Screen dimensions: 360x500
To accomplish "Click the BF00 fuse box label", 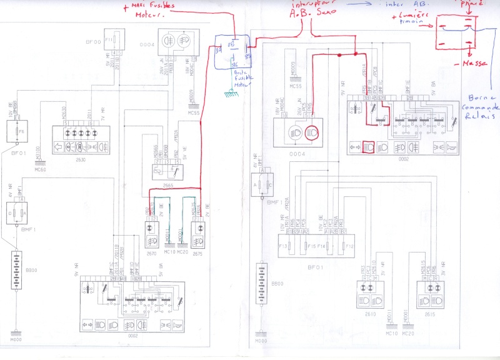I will pos(93,42).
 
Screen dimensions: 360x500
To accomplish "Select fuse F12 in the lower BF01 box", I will pos(348,247).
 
